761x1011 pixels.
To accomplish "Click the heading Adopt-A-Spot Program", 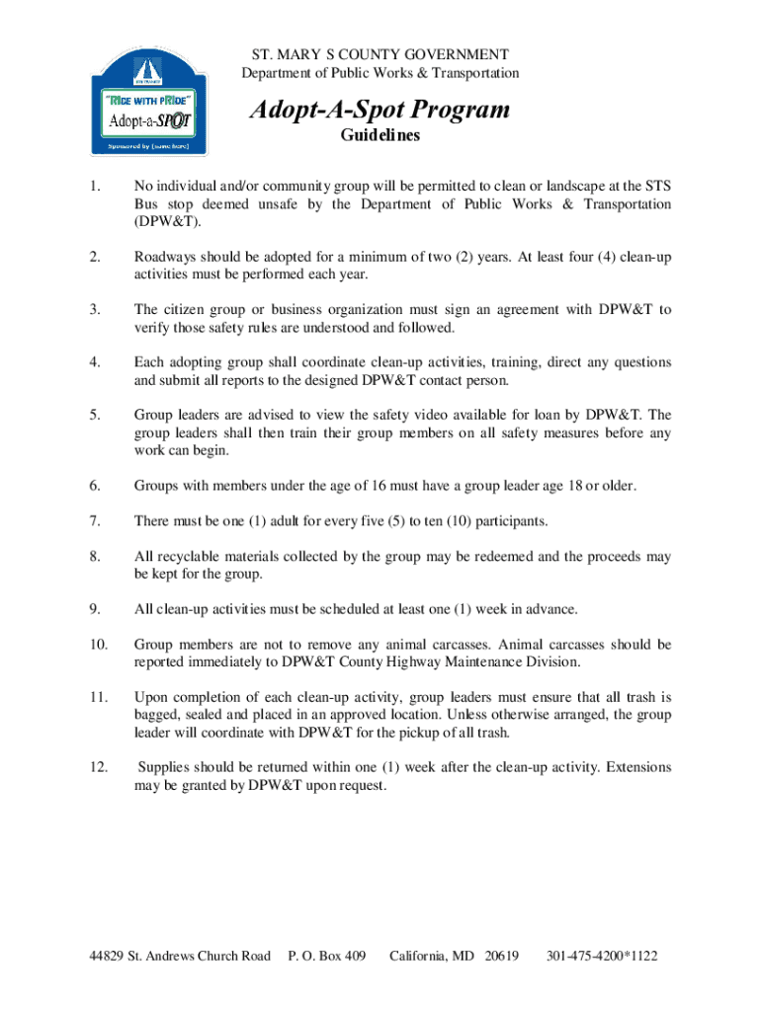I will (380, 109).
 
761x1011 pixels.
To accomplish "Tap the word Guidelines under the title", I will (380, 136).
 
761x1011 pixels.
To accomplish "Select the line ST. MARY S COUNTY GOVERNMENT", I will (380, 54).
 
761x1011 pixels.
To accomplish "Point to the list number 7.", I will (94, 520).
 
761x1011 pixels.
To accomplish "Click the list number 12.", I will (98, 767).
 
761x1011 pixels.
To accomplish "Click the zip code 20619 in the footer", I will (501, 956).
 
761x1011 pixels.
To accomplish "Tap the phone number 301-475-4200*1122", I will (602, 956).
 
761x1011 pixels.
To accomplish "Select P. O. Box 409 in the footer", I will (326, 956).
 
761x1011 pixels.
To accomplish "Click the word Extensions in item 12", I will (638, 767).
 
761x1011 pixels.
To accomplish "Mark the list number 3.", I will (94, 310).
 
